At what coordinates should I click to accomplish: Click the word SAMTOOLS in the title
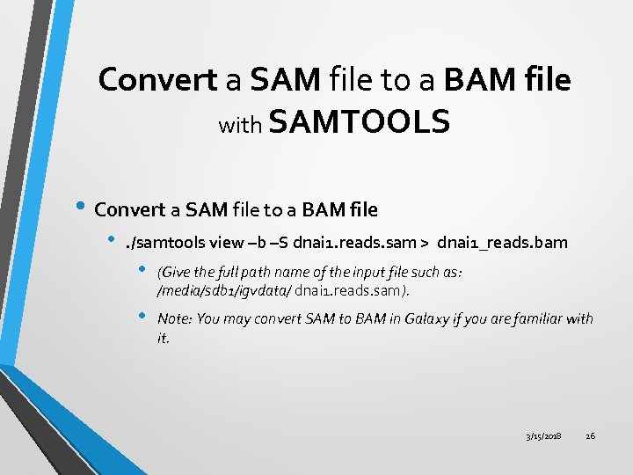tap(360, 122)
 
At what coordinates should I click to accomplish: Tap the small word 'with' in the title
tap(239, 126)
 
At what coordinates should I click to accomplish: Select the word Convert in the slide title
tap(157, 79)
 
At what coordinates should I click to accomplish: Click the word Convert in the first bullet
tap(129, 209)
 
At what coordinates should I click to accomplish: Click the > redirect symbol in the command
tap(423, 242)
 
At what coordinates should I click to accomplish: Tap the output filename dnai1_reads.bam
tap(503, 242)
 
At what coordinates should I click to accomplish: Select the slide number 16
tap(590, 436)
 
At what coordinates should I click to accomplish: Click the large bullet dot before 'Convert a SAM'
tap(82, 208)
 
